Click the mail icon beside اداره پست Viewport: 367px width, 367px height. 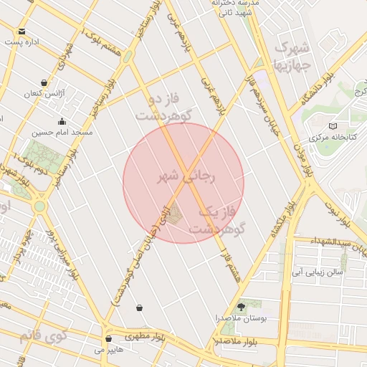tap(22, 32)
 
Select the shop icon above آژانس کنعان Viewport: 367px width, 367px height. tap(45, 82)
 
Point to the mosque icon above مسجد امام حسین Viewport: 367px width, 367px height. tap(62, 121)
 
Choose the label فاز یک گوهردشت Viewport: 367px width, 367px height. tap(216, 220)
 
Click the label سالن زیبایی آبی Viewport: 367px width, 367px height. tap(319, 272)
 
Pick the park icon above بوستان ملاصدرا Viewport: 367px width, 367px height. tap(241, 306)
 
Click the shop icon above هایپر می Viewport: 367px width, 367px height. tap(108, 338)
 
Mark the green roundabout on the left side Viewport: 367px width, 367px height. tap(39, 206)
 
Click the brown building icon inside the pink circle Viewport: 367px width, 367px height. tap(175, 211)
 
